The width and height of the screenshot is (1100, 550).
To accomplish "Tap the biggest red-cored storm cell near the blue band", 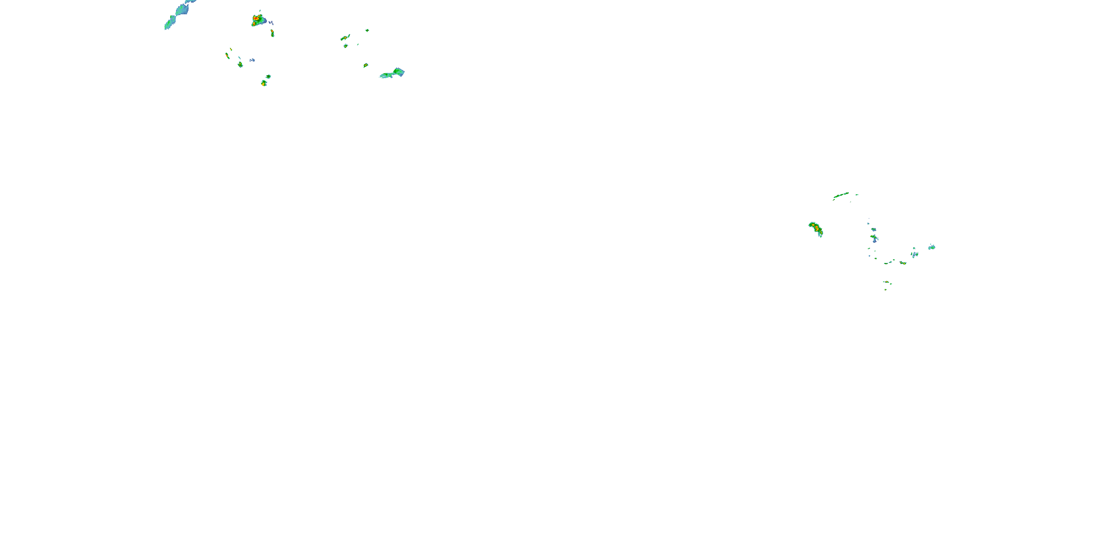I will (257, 20).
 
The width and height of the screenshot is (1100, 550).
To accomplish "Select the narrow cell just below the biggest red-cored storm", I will (272, 33).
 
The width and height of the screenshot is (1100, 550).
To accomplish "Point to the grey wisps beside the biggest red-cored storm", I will (270, 22).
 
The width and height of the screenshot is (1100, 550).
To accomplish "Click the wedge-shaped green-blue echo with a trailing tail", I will (393, 73).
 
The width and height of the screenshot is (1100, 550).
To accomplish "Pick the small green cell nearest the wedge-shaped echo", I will (366, 65).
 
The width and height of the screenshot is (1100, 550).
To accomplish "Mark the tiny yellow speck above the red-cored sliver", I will (231, 49).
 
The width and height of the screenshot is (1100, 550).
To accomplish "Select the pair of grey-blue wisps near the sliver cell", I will (252, 60).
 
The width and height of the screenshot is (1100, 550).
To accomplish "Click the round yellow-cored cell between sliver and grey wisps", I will (241, 65).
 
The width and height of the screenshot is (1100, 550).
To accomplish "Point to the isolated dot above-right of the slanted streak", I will (367, 30).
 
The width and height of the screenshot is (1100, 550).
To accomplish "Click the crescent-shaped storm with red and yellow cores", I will (816, 229).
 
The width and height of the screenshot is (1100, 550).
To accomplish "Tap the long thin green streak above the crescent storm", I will (841, 195).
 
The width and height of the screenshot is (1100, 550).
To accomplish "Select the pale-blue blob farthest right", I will (932, 247).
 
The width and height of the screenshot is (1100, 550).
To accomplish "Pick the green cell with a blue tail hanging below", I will (874, 238).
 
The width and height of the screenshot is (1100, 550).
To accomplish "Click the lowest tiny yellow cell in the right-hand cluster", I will (885, 289).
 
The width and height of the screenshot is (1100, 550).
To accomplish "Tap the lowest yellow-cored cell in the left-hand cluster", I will (264, 83).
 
